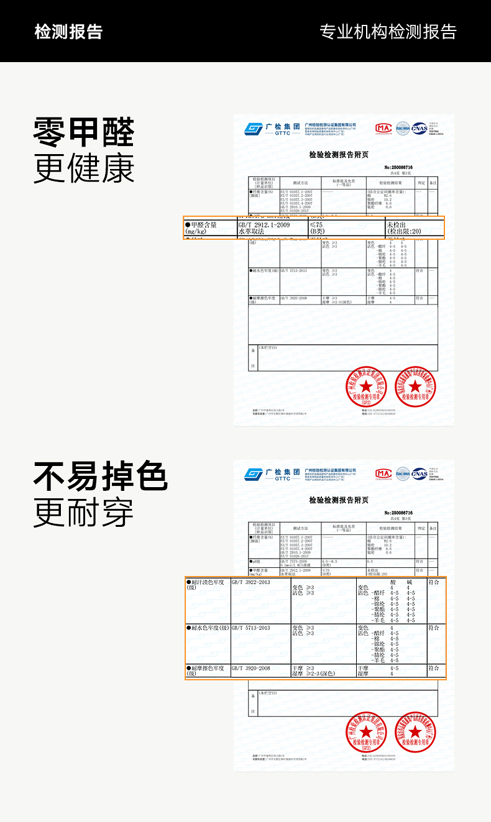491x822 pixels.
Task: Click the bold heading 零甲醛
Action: click(83, 132)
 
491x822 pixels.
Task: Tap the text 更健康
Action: click(83, 168)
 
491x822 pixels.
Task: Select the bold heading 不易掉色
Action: click(100, 476)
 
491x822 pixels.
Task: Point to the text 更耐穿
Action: click(83, 513)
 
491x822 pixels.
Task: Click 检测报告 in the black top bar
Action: click(68, 32)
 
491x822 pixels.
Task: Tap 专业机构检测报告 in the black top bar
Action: click(388, 32)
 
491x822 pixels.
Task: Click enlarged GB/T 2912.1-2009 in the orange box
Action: click(264, 224)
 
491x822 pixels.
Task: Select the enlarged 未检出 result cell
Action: click(398, 224)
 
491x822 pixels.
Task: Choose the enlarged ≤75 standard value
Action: click(316, 224)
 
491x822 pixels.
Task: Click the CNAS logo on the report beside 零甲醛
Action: click(420, 128)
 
